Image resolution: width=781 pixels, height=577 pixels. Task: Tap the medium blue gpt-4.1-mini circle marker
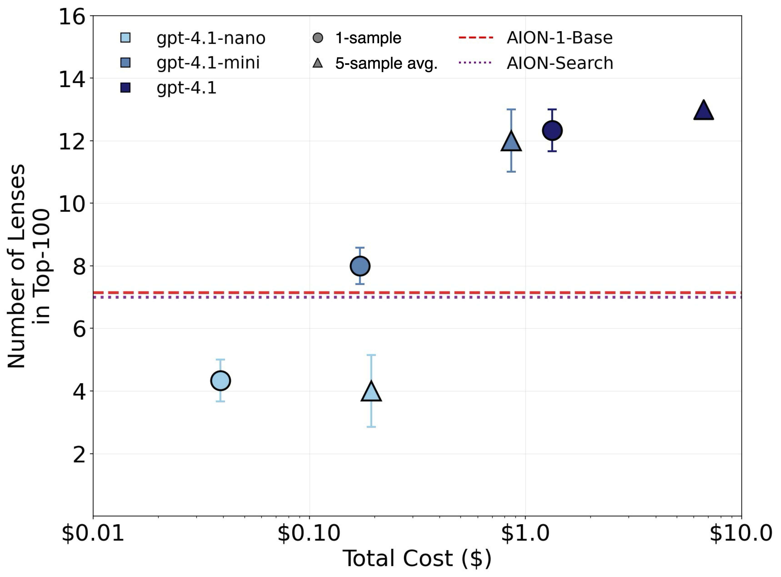click(x=360, y=266)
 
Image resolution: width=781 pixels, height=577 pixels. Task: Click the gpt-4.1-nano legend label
click(x=211, y=38)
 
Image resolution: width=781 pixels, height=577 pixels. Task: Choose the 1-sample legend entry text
click(x=368, y=38)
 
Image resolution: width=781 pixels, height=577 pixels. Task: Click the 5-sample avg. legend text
click(x=386, y=64)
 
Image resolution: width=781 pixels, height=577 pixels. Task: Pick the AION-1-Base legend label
click(x=559, y=38)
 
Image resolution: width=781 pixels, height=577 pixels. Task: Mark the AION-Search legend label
click(x=560, y=63)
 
